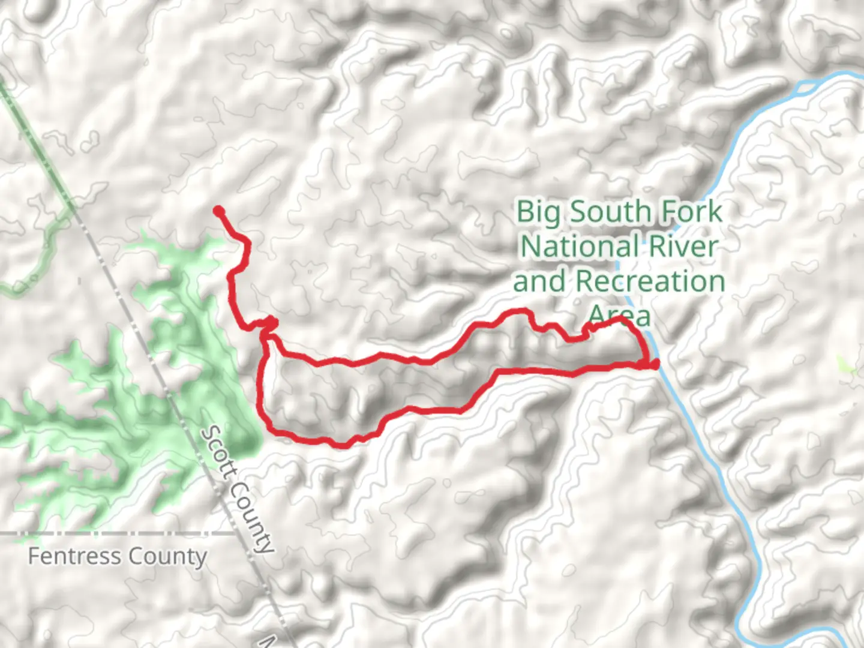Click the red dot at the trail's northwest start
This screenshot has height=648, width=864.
point(219,211)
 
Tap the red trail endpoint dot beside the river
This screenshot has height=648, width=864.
point(654,364)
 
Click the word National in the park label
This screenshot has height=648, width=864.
point(578,247)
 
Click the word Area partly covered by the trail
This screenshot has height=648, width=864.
point(619,315)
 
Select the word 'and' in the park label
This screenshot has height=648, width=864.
point(539,281)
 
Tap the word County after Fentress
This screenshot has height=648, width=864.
point(168,556)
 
